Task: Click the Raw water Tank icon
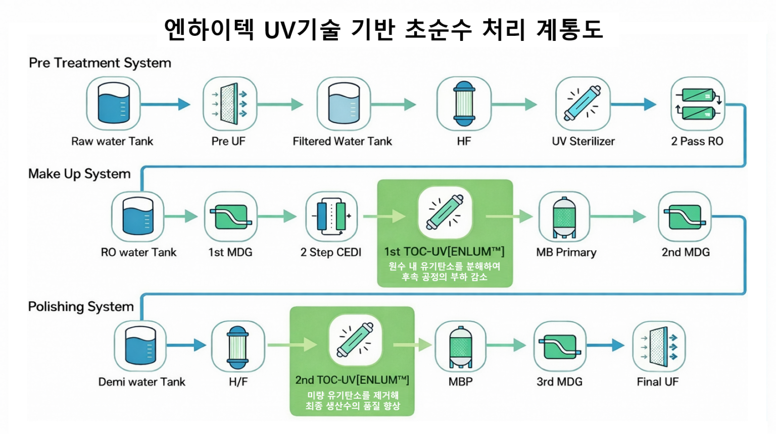coord(113,103)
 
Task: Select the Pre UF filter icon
coord(229,103)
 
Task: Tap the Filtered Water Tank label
coord(342,141)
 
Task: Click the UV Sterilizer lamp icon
coord(583,103)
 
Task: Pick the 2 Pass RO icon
coord(697,103)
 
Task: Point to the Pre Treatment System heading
coord(100,63)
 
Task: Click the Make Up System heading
coord(79,174)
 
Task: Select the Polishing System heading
coord(81,307)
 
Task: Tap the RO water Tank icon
coord(138,216)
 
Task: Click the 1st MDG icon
coord(230,216)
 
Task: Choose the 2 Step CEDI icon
coord(331,216)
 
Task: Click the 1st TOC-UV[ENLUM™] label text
coord(444,252)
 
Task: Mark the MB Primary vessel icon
coord(564,216)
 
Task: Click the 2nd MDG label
coord(686,252)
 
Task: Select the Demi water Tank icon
coord(140,346)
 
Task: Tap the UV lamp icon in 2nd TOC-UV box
coord(355,341)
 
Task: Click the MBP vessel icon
coord(460,346)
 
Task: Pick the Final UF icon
coord(659,346)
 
